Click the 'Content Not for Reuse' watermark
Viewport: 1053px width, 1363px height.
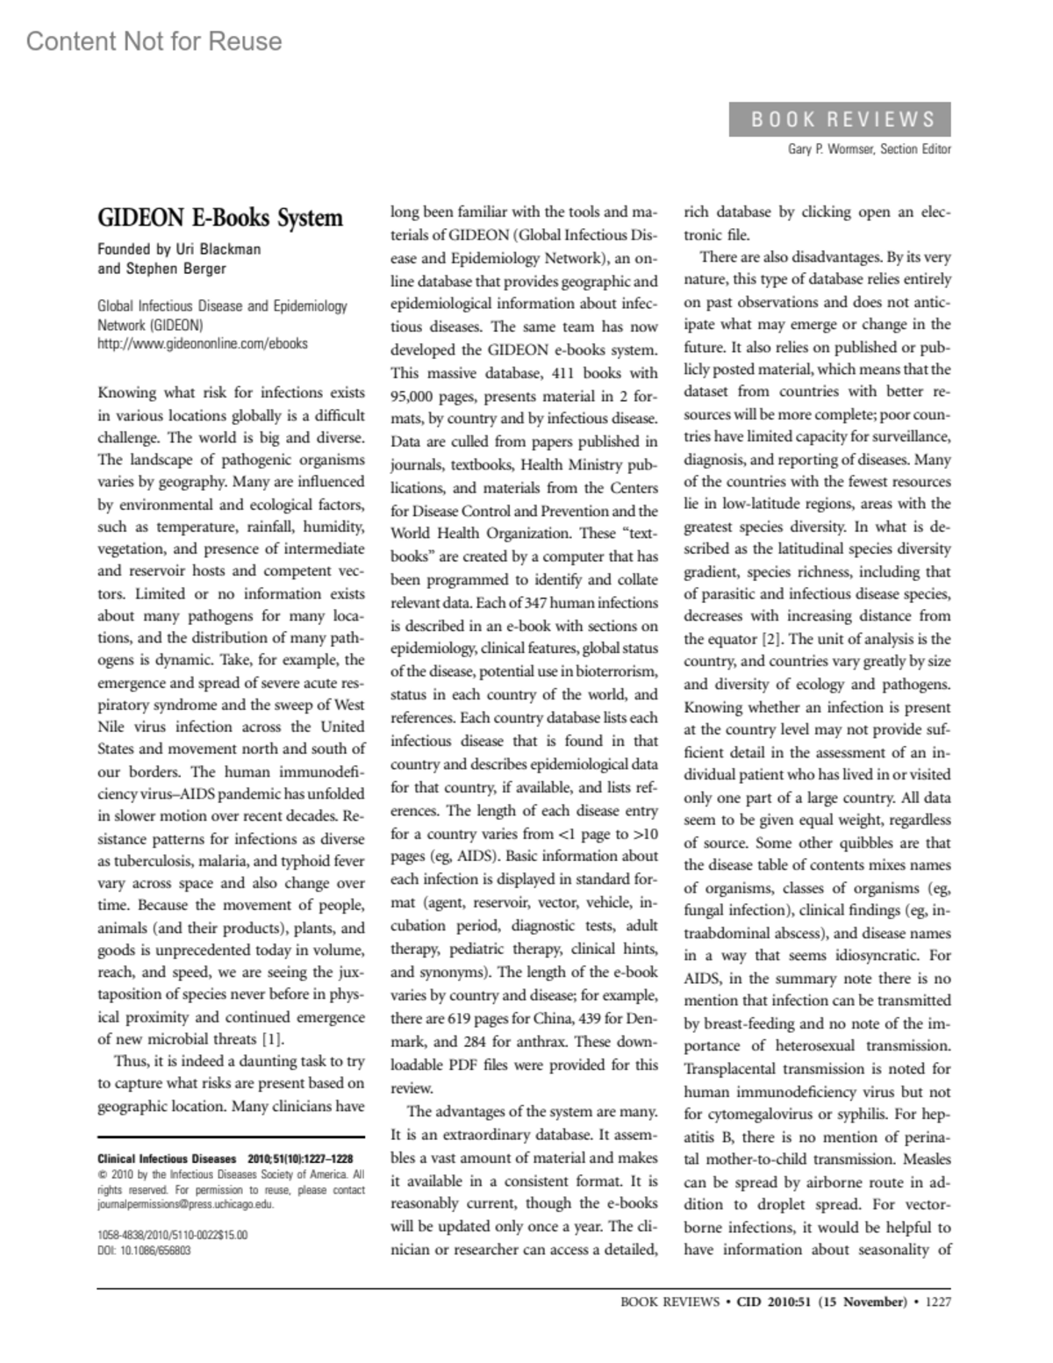point(154,41)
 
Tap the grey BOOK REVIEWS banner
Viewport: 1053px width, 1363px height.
point(840,119)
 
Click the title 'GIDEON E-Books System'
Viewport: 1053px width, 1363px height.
point(219,218)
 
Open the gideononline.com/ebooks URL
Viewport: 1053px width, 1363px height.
point(202,344)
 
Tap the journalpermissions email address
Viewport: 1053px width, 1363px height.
point(185,1205)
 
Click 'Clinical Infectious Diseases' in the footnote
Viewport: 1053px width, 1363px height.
point(166,1159)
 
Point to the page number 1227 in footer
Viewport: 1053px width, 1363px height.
point(938,1302)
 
